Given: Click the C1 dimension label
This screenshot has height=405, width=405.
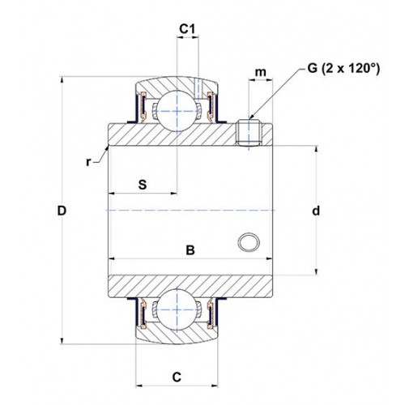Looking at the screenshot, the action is tap(187, 28).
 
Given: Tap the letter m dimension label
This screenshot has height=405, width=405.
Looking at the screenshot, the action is tap(261, 72).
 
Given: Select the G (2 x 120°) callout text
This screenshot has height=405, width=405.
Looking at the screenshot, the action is tap(343, 68).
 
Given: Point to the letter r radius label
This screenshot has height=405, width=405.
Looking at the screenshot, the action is tap(88, 162).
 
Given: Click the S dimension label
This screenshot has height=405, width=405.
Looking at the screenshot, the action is tap(143, 185).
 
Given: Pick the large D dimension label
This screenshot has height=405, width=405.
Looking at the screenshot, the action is tap(62, 211).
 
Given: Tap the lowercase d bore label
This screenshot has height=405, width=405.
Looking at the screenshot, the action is tap(316, 211).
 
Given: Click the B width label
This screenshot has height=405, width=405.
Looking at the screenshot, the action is tap(190, 250).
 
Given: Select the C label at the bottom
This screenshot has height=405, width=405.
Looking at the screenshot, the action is tap(177, 377).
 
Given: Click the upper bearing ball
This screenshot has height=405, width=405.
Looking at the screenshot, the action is tap(177, 111).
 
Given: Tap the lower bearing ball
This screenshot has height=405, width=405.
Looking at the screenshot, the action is tap(177, 310).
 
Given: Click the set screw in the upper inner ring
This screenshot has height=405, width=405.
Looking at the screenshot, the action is tap(249, 132).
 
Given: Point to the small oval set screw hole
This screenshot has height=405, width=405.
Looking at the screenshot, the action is tap(249, 242).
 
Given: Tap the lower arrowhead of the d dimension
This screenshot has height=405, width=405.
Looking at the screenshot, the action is tap(316, 271).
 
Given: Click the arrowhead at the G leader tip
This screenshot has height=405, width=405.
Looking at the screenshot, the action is tap(252, 117).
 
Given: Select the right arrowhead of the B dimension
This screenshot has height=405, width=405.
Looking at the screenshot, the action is tap(269, 258).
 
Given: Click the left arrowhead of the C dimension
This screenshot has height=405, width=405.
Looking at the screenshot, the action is tap(139, 386).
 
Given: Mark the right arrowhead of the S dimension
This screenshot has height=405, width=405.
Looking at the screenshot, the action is tap(173, 194).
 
